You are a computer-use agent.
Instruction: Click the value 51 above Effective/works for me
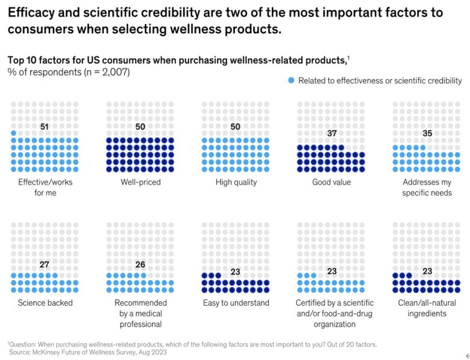coord(45,127)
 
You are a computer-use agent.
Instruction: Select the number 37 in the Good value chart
coord(331,133)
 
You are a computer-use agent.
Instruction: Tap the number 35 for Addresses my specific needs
coord(427,133)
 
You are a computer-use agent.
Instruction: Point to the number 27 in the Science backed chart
coord(45,265)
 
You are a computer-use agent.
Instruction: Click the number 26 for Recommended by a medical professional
coord(140,265)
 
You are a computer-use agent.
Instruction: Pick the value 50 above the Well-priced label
coord(140,127)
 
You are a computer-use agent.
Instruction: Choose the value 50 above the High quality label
coord(236,127)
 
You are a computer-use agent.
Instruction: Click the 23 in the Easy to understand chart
coord(236,271)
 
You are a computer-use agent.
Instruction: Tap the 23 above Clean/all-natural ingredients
coord(427,271)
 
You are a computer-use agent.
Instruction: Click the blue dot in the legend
coord(291,80)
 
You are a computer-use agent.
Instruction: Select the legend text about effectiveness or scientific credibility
coord(380,80)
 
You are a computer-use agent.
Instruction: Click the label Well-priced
coord(140,182)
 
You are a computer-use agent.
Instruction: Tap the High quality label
coord(236,182)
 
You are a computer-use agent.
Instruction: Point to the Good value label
coord(331,182)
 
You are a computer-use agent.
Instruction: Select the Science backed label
coord(45,303)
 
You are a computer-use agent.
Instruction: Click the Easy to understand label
coord(236,303)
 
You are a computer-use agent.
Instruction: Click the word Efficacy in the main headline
coord(31,13)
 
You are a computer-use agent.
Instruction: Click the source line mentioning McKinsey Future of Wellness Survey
coord(88,352)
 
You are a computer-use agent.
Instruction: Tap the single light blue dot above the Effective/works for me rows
coord(14,133)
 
